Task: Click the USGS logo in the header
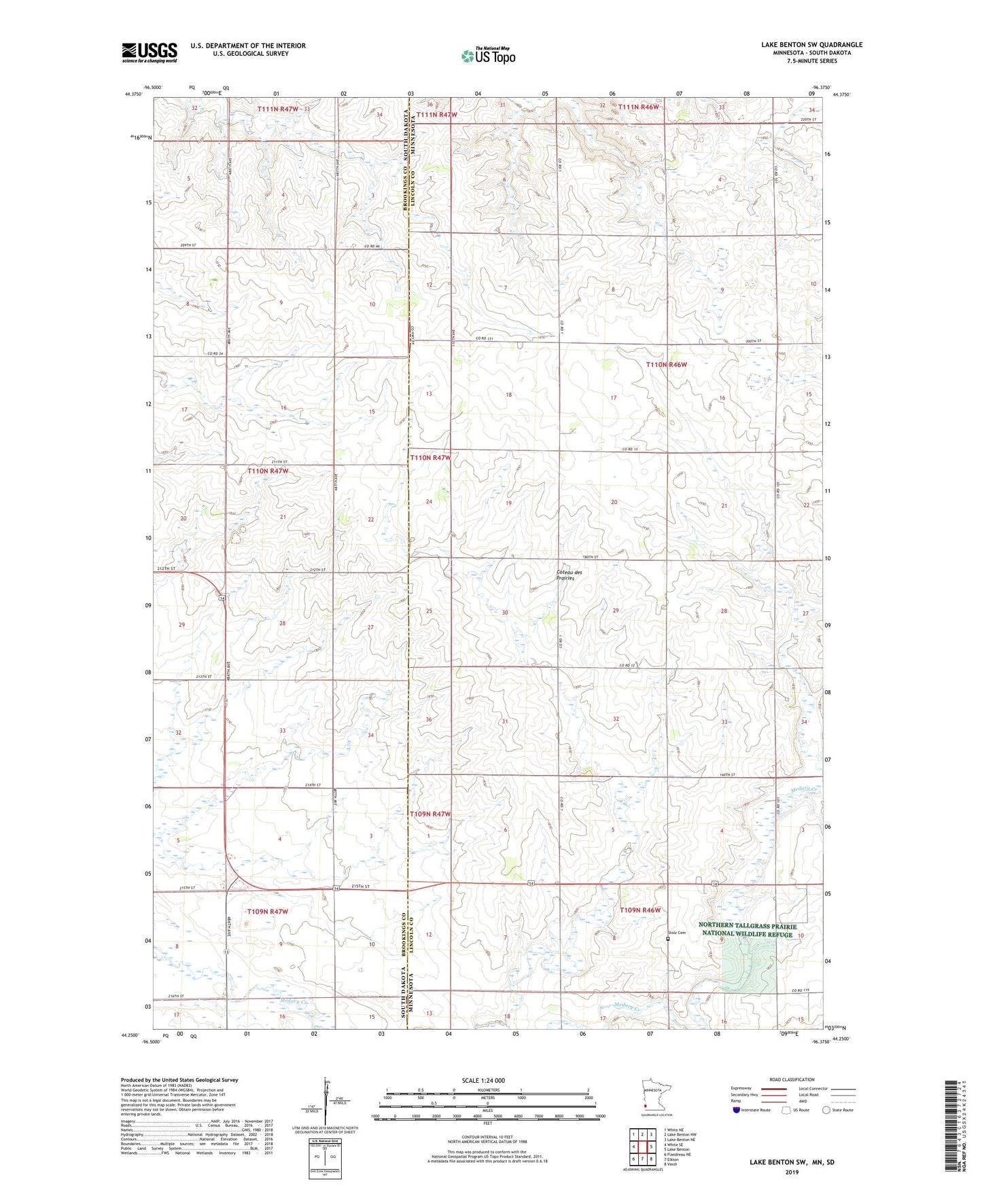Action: point(149,52)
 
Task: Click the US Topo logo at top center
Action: point(489,56)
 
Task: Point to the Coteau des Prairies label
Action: point(565,575)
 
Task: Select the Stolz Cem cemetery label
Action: point(678,933)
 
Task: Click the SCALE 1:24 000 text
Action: point(483,1081)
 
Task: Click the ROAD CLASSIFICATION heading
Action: point(792,1079)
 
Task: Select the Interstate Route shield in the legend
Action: point(737,1110)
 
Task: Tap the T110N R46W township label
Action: point(666,365)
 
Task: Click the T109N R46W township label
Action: point(640,910)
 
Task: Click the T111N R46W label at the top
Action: point(638,107)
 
